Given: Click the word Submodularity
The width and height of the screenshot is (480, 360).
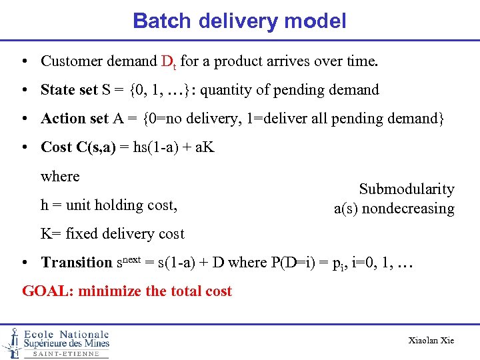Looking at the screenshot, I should [407, 189].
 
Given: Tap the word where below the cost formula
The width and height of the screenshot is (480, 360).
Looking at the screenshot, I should [60, 177].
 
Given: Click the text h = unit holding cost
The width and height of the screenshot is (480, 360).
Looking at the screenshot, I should [109, 205].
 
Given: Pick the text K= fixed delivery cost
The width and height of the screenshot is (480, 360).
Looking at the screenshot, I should [113, 234].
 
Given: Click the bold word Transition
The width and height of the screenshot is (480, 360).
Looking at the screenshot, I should [77, 263].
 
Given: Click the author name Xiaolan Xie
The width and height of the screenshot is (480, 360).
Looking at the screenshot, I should [431, 341].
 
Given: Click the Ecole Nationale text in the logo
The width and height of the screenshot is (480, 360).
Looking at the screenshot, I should [67, 334].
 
